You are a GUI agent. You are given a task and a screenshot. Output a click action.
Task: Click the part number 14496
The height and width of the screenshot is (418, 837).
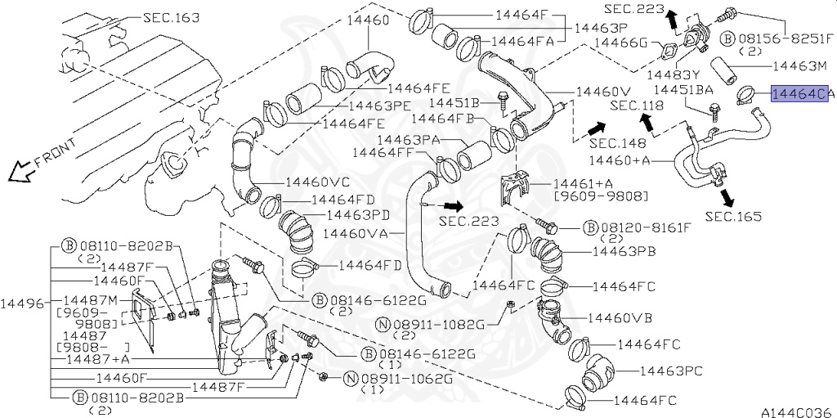click(25, 303)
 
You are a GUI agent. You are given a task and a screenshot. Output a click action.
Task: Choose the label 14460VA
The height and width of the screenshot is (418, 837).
click(355, 233)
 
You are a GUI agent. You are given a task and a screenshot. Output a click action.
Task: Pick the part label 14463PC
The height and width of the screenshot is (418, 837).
click(671, 371)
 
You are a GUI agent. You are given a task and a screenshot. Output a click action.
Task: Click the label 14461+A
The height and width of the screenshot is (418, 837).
click(581, 184)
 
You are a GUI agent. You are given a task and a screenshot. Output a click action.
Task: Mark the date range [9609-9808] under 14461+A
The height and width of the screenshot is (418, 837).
click(601, 197)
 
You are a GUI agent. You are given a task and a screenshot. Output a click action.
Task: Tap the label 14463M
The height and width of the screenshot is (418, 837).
click(799, 64)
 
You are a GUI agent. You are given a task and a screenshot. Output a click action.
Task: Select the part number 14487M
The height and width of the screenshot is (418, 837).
click(91, 299)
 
